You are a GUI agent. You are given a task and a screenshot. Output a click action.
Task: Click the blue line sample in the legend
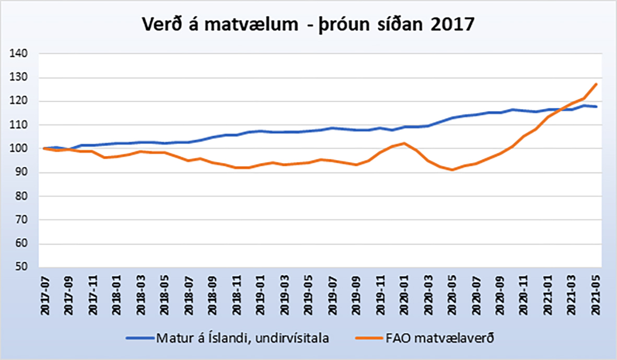140,338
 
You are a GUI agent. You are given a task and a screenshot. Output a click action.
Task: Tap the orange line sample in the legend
371,338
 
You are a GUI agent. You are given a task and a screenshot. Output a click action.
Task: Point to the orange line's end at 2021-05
596,84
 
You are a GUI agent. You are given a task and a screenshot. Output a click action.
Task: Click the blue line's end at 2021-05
596,107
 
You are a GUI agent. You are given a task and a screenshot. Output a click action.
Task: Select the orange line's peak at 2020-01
404,143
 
